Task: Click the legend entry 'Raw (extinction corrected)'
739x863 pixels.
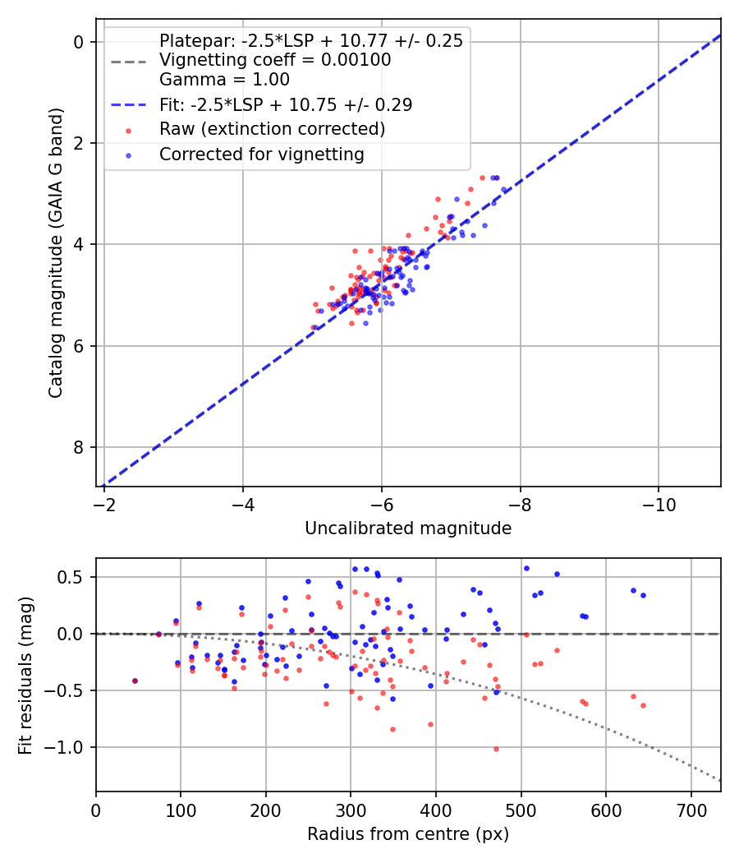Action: (x=272, y=129)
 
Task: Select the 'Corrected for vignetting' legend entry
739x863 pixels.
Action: (x=261, y=154)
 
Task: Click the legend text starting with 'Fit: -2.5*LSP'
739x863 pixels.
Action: (x=285, y=104)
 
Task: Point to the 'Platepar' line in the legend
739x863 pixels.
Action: (x=310, y=41)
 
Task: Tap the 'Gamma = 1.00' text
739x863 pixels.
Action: (x=224, y=80)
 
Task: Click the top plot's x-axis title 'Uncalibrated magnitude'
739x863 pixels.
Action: (x=408, y=528)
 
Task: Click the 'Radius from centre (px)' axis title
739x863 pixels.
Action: (x=408, y=834)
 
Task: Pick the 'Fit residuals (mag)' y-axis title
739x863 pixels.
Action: (x=25, y=675)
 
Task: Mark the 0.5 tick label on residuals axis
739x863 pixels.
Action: (x=74, y=577)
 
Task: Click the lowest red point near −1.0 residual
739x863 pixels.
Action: (x=496, y=749)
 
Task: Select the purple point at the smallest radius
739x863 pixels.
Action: (x=135, y=681)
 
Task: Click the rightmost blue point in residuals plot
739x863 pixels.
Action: (x=643, y=595)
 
